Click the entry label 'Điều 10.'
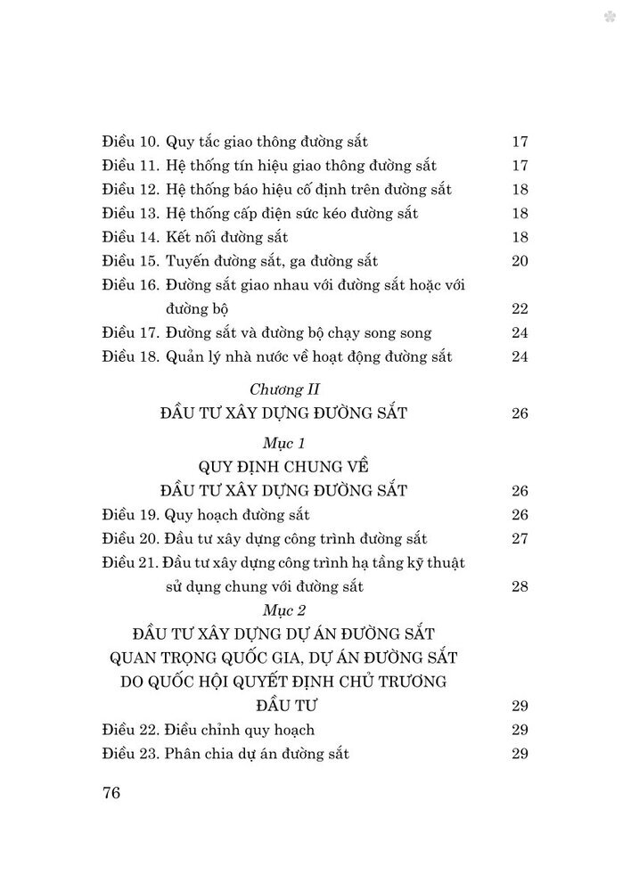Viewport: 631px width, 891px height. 129,141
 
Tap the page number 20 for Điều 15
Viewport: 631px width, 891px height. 521,261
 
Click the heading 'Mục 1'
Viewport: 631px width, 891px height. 284,443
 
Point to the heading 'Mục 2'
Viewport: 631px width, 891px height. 284,610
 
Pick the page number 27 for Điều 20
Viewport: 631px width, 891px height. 521,539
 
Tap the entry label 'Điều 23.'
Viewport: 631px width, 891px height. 129,754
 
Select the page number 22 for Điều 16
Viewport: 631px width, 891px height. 521,309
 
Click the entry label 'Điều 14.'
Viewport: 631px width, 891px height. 129,237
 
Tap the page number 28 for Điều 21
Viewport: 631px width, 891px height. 521,586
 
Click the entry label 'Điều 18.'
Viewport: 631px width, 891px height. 129,357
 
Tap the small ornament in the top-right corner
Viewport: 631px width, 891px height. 610,16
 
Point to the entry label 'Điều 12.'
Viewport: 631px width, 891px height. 129,189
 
